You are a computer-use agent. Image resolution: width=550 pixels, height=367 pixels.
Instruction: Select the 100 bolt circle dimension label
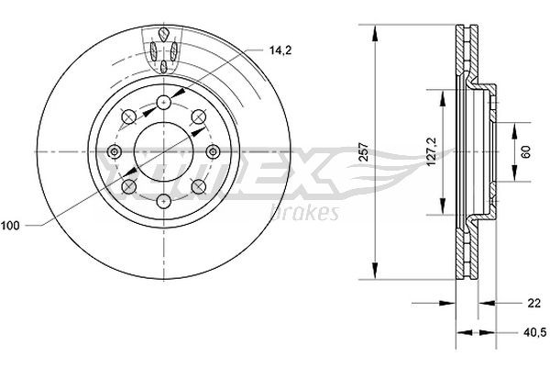tap(12, 224)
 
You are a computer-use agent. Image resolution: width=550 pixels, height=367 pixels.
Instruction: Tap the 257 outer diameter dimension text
tap(364, 152)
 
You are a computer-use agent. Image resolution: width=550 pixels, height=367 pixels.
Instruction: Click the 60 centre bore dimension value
tap(526, 152)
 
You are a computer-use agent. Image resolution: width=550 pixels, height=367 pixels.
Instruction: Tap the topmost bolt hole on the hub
tap(163, 102)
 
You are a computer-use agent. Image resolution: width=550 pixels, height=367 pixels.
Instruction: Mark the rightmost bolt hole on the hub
tap(214, 152)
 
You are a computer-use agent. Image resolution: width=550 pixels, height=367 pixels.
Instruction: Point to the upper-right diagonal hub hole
tap(198, 117)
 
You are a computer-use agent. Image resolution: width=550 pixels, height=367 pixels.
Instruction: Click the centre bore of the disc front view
tap(163, 152)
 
